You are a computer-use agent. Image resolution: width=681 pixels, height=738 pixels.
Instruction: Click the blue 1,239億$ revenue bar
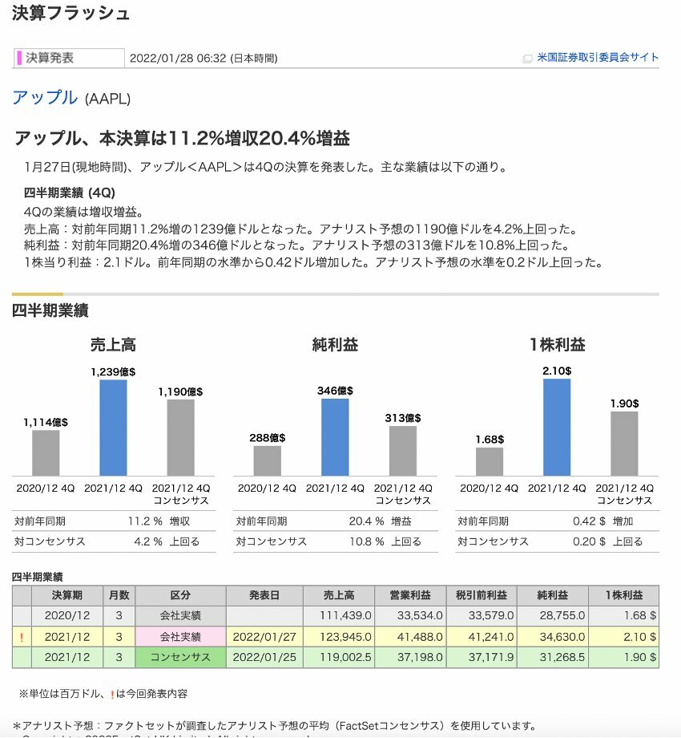coord(113,428)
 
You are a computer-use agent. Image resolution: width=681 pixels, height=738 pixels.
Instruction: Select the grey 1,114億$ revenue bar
coord(46,453)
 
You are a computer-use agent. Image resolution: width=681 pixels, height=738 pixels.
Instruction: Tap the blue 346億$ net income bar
coord(335,437)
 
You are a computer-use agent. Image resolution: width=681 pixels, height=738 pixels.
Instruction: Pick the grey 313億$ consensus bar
coord(403,451)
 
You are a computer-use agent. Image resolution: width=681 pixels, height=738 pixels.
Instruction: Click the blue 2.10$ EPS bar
coord(557,428)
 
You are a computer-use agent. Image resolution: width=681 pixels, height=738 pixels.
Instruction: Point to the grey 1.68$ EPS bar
coord(490,461)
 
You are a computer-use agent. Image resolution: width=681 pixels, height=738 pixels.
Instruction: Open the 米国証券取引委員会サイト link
coord(598,58)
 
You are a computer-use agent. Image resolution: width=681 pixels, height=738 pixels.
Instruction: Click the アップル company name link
coord(45,98)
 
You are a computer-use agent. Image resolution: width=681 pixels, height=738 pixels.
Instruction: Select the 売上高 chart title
coord(113,345)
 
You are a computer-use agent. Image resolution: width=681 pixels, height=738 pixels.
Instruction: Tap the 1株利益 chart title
coord(557,345)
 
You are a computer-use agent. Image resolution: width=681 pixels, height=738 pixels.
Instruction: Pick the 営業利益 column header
coord(409,596)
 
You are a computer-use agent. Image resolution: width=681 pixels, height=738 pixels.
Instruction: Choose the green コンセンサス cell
coord(180,658)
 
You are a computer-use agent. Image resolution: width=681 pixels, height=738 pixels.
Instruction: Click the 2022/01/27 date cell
coord(264,637)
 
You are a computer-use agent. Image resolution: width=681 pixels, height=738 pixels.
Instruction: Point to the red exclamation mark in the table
coord(22,637)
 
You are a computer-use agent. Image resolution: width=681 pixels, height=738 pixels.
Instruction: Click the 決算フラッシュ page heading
coord(71,14)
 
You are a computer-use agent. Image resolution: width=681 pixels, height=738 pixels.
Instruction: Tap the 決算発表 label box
coord(71,58)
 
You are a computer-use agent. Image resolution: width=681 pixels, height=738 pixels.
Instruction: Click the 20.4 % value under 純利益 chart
coord(366,521)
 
